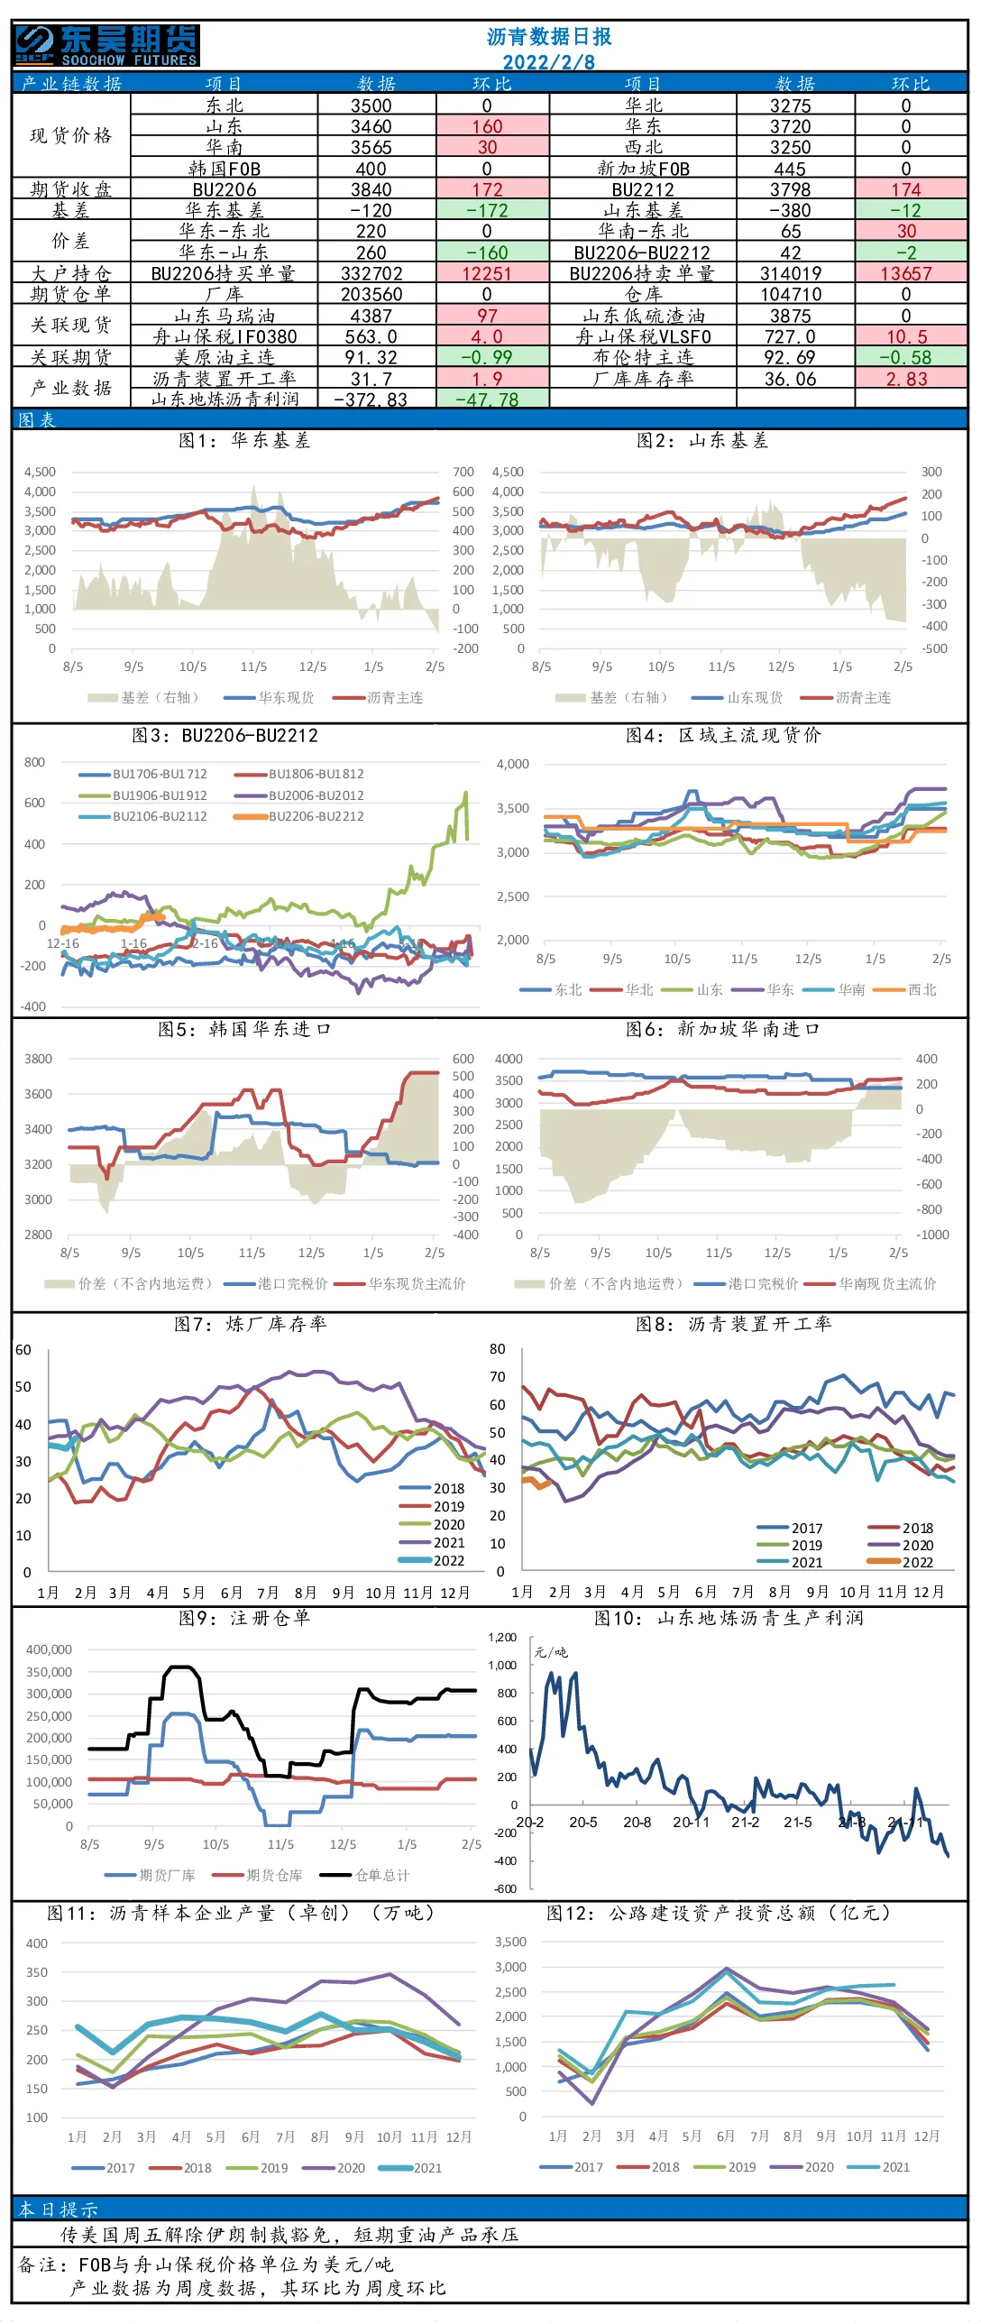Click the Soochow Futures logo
pyautogui.click(x=106, y=45)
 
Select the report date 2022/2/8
pyautogui.click(x=548, y=62)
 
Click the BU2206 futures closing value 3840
pyautogui.click(x=371, y=189)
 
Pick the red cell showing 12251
pyautogui.click(x=487, y=273)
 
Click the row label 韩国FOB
pyautogui.click(x=225, y=169)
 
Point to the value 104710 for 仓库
pyautogui.click(x=791, y=294)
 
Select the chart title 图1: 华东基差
pyautogui.click(x=244, y=440)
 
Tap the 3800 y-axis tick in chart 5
pyautogui.click(x=38, y=1059)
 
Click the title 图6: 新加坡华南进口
pyautogui.click(x=723, y=1029)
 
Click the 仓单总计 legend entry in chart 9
pyautogui.click(x=366, y=1875)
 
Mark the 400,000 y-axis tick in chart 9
pyautogui.click(x=49, y=1649)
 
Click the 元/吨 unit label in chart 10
pyautogui.click(x=551, y=1652)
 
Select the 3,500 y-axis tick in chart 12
pyautogui.click(x=510, y=1942)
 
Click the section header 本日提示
pyautogui.click(x=59, y=2209)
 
